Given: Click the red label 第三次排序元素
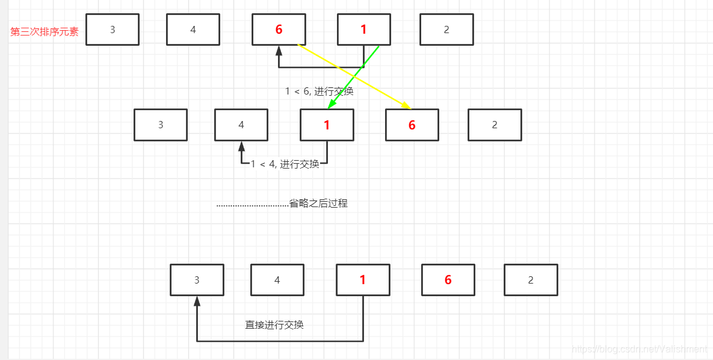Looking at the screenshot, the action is (x=45, y=32).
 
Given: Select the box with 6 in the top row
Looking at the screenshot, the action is (x=279, y=29).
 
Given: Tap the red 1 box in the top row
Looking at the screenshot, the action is (x=363, y=29).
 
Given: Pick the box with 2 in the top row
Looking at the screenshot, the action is (x=446, y=29).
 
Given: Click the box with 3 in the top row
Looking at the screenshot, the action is (x=113, y=29).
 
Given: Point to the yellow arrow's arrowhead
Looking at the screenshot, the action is (x=407, y=107).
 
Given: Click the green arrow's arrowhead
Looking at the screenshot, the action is (x=330, y=106).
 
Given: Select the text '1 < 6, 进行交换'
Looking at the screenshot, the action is (x=319, y=92).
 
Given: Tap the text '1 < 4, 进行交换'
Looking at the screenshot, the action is (x=285, y=164).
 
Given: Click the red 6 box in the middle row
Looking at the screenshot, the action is (x=412, y=125).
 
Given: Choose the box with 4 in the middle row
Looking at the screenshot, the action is (x=241, y=125).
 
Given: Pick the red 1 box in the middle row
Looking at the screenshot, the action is (x=327, y=125).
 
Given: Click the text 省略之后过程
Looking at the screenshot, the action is (x=318, y=203).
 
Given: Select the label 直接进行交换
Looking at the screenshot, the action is (x=274, y=325).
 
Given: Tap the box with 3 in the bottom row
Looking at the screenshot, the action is (x=197, y=280).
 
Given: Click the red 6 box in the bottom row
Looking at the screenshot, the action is (x=448, y=280).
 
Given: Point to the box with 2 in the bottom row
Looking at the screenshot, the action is (x=531, y=280).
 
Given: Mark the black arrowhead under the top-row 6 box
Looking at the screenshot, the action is (x=279, y=50).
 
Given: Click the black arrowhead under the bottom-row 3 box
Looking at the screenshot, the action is (x=197, y=301).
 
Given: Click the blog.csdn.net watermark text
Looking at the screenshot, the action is (x=639, y=349).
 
